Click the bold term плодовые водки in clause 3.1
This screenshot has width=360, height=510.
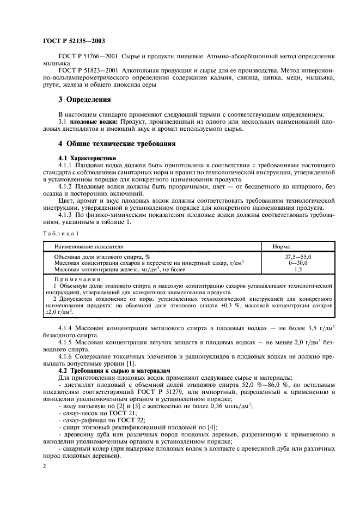pos(91,122)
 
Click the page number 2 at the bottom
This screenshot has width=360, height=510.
pos(44,467)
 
